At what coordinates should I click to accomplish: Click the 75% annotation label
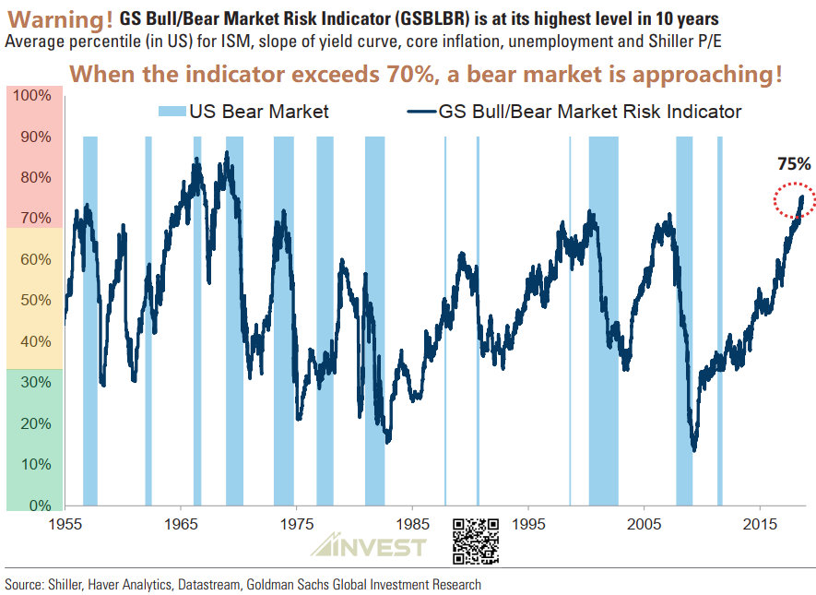click(x=794, y=164)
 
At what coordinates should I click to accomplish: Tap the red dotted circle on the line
click(x=793, y=201)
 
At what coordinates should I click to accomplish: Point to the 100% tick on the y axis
click(x=33, y=96)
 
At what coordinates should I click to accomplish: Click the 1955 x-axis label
click(x=65, y=524)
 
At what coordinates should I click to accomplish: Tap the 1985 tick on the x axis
click(x=412, y=524)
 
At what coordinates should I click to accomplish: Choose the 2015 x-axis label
click(x=760, y=524)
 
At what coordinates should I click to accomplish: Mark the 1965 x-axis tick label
click(x=181, y=524)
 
